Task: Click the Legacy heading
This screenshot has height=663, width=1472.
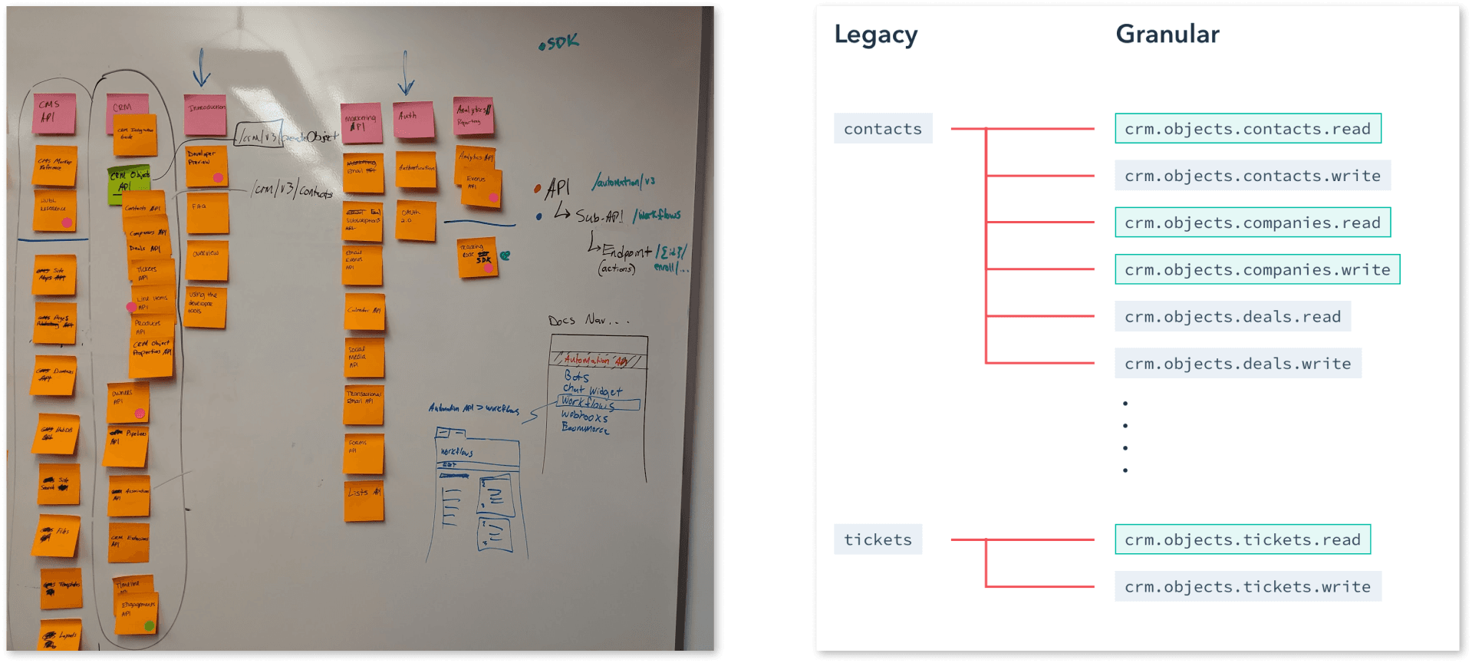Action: click(x=875, y=35)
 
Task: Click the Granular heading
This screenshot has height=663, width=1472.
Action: click(x=1167, y=35)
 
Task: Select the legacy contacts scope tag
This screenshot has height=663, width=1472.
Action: click(x=883, y=129)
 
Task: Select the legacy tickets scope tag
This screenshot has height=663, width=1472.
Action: click(x=878, y=539)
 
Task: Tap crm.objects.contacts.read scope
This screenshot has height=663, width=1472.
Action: click(x=1247, y=129)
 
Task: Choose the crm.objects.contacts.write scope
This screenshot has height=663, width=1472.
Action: click(x=1252, y=176)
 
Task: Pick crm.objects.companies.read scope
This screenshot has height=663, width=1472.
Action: click(x=1252, y=223)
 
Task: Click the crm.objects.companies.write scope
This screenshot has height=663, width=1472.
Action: click(x=1256, y=269)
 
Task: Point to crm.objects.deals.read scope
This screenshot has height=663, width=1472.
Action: click(x=1232, y=317)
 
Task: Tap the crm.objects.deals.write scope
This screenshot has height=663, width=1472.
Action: click(x=1237, y=364)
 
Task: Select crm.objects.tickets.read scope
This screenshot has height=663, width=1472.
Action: click(x=1242, y=539)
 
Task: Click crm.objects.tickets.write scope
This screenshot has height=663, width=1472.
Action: click(x=1247, y=587)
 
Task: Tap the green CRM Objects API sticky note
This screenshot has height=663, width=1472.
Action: click(x=128, y=184)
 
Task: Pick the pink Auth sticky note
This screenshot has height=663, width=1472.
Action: click(x=413, y=120)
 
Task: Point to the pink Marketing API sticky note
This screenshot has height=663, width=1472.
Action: click(x=361, y=124)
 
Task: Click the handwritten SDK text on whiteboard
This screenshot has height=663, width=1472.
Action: click(x=559, y=43)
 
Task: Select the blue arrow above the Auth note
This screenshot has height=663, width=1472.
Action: click(x=406, y=74)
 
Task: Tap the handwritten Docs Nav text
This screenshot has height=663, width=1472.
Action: click(x=587, y=320)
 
